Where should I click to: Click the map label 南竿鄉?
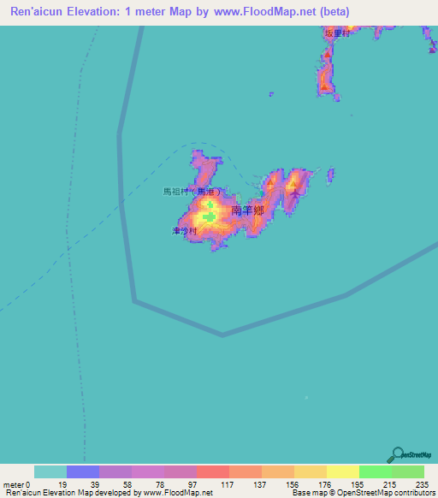246,210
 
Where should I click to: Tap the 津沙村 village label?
184,231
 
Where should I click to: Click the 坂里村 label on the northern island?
337,33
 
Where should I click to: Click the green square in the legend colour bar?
375,471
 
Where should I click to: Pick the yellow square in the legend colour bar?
342,471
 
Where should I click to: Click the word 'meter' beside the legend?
12,484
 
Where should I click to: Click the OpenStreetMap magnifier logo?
398,454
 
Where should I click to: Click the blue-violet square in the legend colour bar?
82,471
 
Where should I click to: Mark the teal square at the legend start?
50,471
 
